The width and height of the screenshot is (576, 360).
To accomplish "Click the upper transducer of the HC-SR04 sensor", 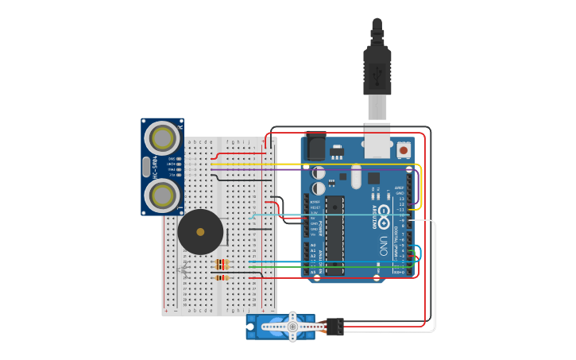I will pyautogui.click(x=163, y=138).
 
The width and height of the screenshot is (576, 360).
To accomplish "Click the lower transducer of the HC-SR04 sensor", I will pyautogui.click(x=163, y=195).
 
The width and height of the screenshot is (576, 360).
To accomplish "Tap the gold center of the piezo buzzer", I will pyautogui.click(x=200, y=232).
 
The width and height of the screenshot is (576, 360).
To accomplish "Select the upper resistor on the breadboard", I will pyautogui.click(x=222, y=263).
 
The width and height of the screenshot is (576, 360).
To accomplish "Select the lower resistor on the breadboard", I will pyautogui.click(x=222, y=277).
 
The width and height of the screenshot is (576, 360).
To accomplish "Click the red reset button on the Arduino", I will pyautogui.click(x=404, y=149).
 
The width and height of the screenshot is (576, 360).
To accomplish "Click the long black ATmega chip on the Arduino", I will pyautogui.click(x=334, y=235).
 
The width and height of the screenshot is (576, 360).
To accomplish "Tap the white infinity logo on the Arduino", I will pyautogui.click(x=383, y=212).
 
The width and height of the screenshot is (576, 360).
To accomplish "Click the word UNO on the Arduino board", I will pyautogui.click(x=383, y=245).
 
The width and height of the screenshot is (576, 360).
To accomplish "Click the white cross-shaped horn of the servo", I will pyautogui.click(x=292, y=326).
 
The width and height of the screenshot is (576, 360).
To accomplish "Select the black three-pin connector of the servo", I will pyautogui.click(x=334, y=326).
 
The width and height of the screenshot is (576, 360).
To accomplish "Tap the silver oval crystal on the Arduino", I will pyautogui.click(x=356, y=176).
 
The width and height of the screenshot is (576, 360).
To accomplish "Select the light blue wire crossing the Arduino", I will pyautogui.click(x=334, y=215).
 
